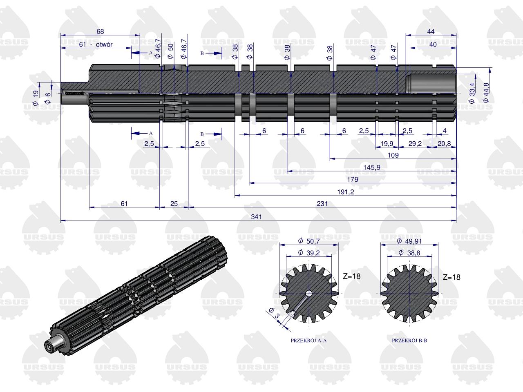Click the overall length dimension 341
click(x=256, y=216)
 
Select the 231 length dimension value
click(x=322, y=203)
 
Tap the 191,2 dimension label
click(x=345, y=192)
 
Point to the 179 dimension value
click(x=352, y=179)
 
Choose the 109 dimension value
click(x=393, y=155)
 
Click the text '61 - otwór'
click(x=96, y=44)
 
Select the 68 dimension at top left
click(x=100, y=31)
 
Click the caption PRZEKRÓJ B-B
click(x=409, y=340)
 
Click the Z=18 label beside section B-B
click(x=451, y=277)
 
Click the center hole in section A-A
click(x=309, y=293)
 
